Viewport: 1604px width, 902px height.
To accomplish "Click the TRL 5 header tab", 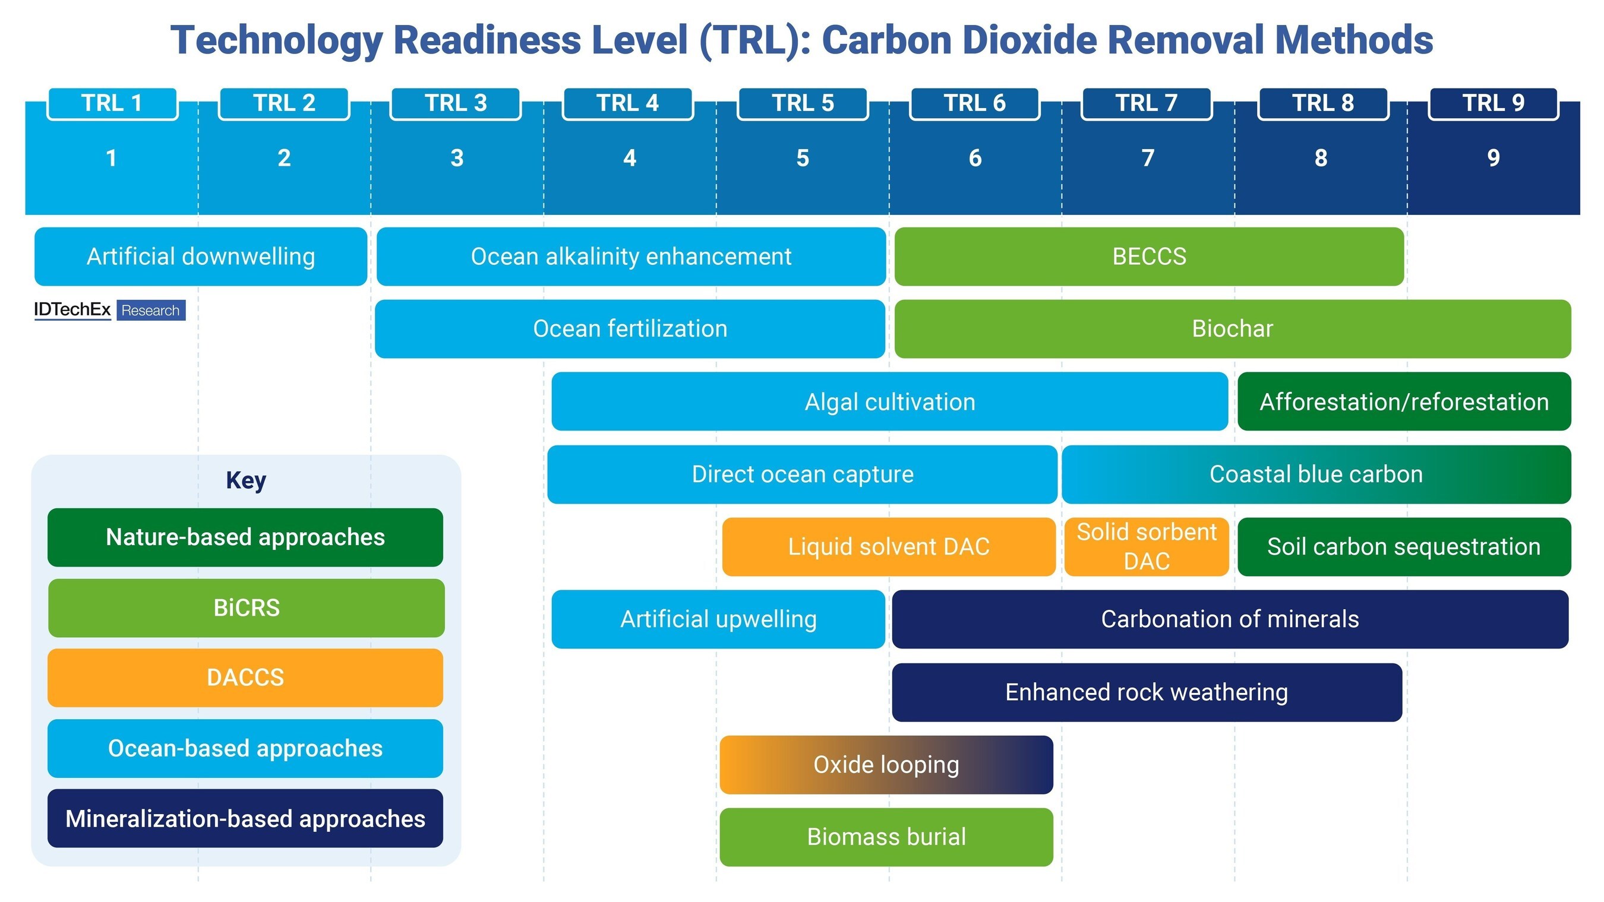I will click(x=803, y=103).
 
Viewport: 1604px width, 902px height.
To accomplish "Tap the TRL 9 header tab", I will click(x=1493, y=103).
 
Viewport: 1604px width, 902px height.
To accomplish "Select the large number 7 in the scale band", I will click(x=1148, y=158).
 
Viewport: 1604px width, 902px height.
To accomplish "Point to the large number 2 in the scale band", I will click(x=284, y=158).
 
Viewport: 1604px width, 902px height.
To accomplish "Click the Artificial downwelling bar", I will click(x=201, y=257).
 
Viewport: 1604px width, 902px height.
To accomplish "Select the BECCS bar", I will click(x=1149, y=257).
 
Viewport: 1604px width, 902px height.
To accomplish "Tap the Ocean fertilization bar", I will click(x=630, y=329).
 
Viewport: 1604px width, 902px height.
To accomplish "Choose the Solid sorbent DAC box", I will click(x=1147, y=546).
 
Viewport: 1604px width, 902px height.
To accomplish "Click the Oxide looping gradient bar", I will click(x=886, y=764).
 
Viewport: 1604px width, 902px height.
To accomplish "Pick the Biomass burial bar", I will click(x=886, y=837).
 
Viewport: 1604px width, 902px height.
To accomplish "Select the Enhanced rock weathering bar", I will click(x=1147, y=692).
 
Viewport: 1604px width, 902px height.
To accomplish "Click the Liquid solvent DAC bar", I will click(x=889, y=546).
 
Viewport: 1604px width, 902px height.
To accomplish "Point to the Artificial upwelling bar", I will click(x=718, y=619).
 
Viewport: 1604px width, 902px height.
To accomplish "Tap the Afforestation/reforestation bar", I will click(x=1404, y=401).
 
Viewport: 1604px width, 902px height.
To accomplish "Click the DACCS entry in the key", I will click(x=245, y=678).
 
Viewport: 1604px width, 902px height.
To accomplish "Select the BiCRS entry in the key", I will click(x=246, y=607).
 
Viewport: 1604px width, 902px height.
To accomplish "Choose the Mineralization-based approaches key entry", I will click(x=245, y=819).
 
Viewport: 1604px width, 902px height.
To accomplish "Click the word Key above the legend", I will click(x=246, y=480).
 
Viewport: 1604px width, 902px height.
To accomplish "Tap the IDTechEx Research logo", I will click(x=109, y=310).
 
